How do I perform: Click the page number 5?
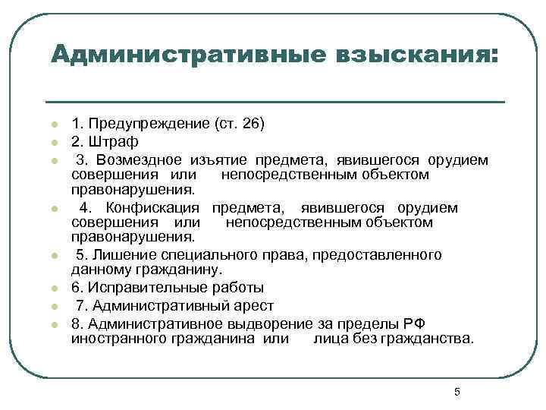pyautogui.click(x=457, y=392)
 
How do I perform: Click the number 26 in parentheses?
pyautogui.click(x=250, y=123)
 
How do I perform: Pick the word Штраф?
pyautogui.click(x=114, y=141)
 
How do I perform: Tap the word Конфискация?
pyautogui.click(x=152, y=207)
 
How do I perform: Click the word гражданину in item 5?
pyautogui.click(x=170, y=270)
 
